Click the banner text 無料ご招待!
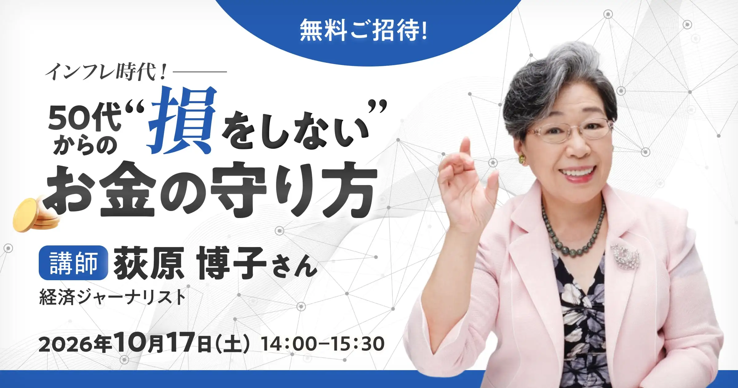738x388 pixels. click(363, 30)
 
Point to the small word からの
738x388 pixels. click(85, 145)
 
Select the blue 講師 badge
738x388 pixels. click(73, 263)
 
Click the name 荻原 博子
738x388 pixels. click(190, 263)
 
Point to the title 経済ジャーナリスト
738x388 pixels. click(113, 297)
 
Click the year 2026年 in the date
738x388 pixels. click(75, 344)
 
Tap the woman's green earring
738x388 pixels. click(522, 159)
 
